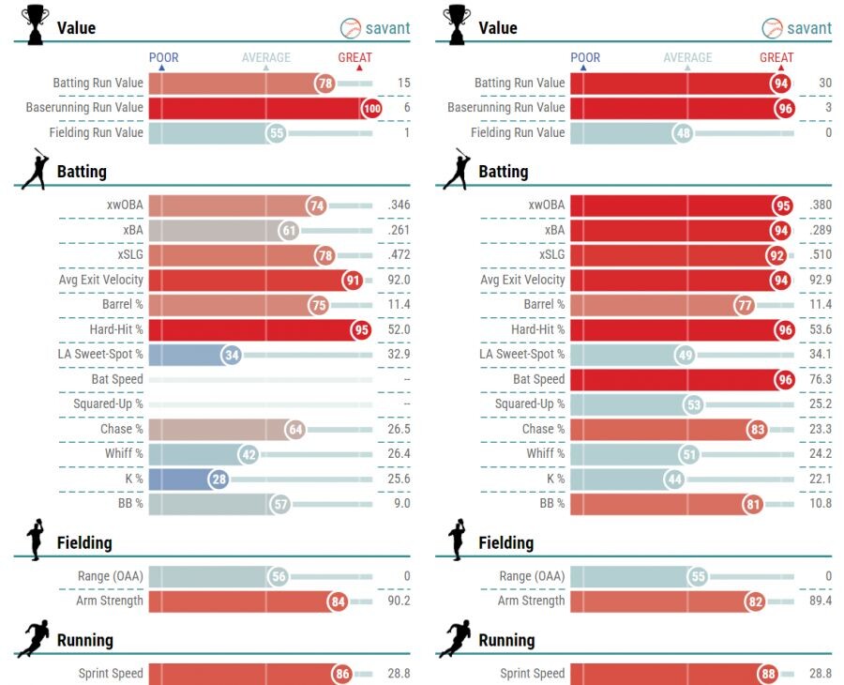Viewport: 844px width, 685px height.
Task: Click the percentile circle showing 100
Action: coord(372,108)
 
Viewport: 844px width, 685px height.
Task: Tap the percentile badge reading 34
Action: coord(232,355)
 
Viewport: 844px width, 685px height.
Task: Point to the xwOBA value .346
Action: coord(398,205)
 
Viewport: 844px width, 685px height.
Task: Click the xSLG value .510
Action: coord(820,254)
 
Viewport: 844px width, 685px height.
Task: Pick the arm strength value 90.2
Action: coord(398,601)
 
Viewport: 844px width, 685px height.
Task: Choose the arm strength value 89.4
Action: coord(820,601)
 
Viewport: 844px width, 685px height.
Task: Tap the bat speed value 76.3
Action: coord(820,379)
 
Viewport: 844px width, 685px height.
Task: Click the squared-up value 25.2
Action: coord(820,404)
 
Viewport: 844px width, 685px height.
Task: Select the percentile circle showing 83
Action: coord(758,429)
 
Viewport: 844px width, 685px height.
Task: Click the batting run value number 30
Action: coord(824,83)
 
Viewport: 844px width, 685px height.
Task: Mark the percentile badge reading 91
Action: coord(352,280)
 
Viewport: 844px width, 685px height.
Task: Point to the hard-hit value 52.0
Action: coord(398,329)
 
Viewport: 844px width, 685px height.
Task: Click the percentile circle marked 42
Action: coord(249,454)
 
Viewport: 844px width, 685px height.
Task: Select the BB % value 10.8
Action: coord(820,503)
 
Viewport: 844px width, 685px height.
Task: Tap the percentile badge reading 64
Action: coord(295,429)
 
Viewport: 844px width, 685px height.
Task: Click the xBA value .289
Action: coord(820,230)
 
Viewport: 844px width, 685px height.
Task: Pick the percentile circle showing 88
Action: coord(769,673)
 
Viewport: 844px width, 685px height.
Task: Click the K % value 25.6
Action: coord(398,479)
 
